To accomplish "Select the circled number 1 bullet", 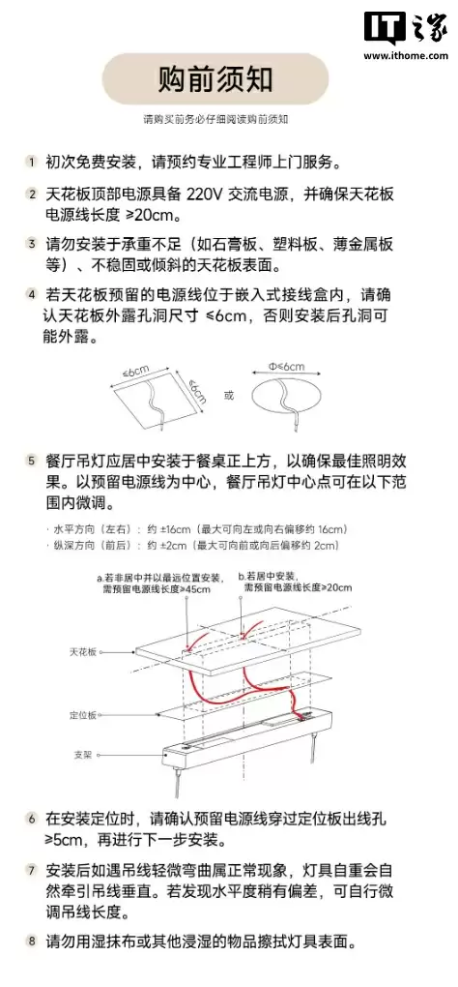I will (x=32, y=161).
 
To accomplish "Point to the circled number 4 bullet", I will (x=32, y=295).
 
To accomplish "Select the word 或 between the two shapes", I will (x=229, y=395).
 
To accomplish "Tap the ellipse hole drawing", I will (x=287, y=397).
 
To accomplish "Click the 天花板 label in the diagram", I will (x=83, y=654).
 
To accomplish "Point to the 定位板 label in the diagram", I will (x=83, y=715).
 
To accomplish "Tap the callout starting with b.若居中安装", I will (x=296, y=582).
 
